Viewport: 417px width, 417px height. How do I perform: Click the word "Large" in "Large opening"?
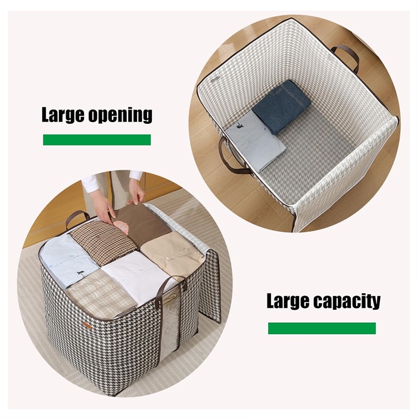[63, 115]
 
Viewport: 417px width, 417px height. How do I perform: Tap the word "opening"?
[120, 116]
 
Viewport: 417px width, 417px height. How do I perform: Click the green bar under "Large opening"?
[97, 139]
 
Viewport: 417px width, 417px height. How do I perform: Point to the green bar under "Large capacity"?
[322, 328]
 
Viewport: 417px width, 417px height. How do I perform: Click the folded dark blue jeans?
[281, 106]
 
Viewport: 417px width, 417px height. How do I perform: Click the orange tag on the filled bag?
[87, 325]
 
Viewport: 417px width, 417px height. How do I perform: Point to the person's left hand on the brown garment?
[102, 205]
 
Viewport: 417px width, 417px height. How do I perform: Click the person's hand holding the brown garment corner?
[136, 194]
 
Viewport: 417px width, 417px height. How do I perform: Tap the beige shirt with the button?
[171, 256]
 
